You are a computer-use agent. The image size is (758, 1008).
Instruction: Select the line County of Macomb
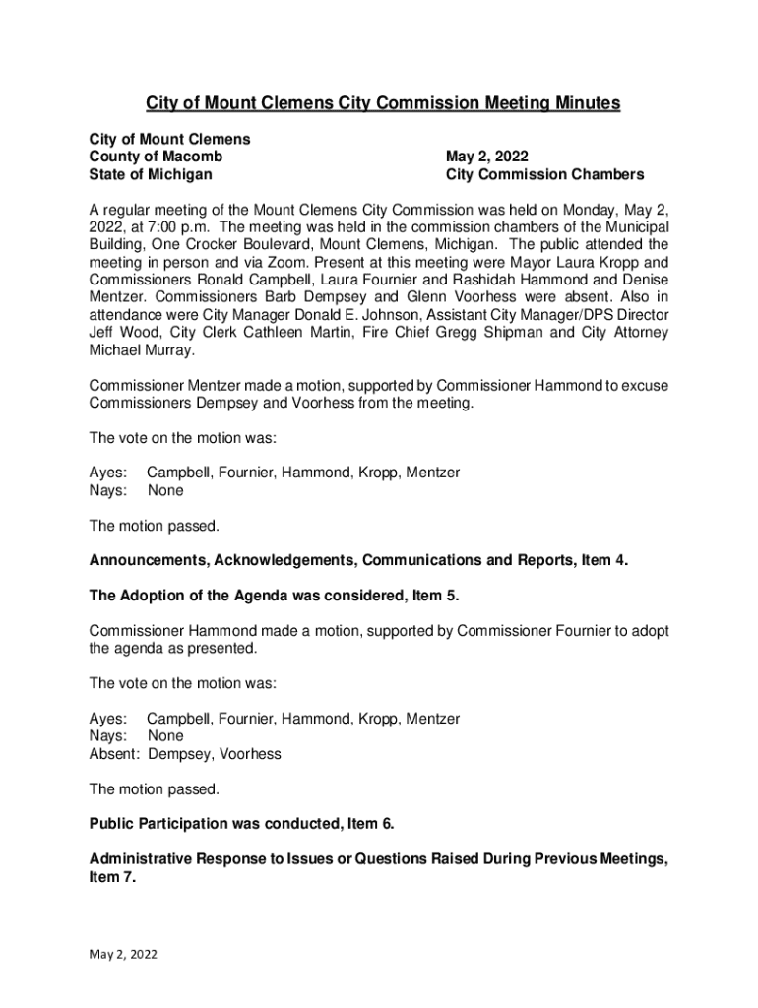156,157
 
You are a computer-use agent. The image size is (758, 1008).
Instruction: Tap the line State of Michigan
151,174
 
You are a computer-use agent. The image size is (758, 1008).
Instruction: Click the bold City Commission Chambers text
544,174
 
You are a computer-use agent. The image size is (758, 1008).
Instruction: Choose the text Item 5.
435,596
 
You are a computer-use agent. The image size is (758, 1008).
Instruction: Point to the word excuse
643,385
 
